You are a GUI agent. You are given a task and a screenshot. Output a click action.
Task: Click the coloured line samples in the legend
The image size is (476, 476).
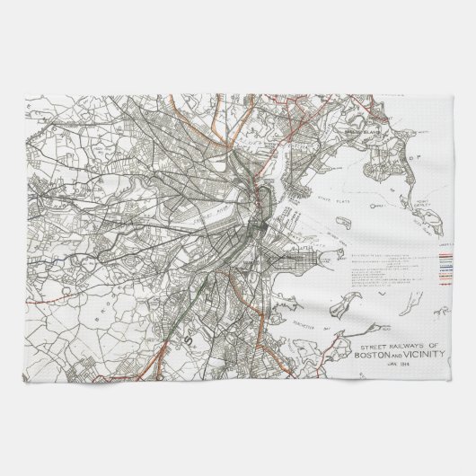[x=446, y=265]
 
